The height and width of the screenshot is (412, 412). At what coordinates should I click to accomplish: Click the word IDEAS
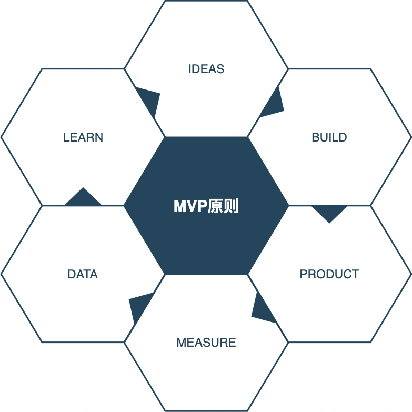(206, 69)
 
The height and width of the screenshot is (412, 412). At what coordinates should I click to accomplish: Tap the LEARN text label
(83, 137)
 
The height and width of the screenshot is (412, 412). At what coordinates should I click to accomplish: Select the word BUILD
(329, 137)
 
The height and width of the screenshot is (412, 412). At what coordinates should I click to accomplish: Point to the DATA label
(83, 274)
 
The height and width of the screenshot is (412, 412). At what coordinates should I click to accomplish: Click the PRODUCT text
(329, 274)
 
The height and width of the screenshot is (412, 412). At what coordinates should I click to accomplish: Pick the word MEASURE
(206, 343)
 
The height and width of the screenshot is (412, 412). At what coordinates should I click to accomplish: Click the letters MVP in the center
(190, 206)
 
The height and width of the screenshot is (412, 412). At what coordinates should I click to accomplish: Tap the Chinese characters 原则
(223, 206)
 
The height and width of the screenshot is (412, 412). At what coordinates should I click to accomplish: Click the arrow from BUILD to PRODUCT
(329, 213)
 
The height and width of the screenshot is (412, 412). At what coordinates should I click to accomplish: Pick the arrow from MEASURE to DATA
(140, 307)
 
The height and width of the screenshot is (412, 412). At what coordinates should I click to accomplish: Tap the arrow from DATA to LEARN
(83, 197)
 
